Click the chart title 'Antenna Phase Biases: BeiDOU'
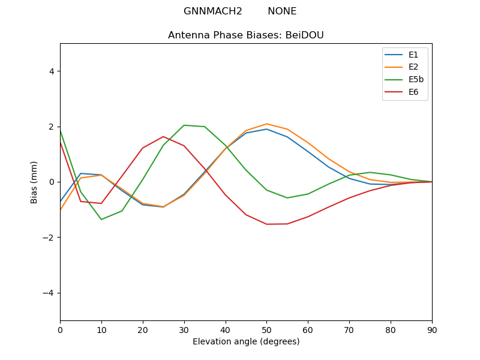(246, 35)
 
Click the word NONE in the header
(282, 11)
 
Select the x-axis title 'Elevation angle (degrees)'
(246, 341)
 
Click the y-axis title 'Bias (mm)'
(34, 182)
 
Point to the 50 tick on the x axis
(266, 329)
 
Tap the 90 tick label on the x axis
(432, 329)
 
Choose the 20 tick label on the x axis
(143, 329)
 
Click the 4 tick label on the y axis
(52, 71)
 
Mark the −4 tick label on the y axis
(49, 293)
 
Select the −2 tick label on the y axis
(49, 238)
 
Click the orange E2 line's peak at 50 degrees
(266, 124)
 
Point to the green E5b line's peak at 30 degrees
(184, 125)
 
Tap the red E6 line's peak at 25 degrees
(163, 136)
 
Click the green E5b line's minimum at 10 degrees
(101, 220)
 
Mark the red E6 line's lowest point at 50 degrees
(266, 224)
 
